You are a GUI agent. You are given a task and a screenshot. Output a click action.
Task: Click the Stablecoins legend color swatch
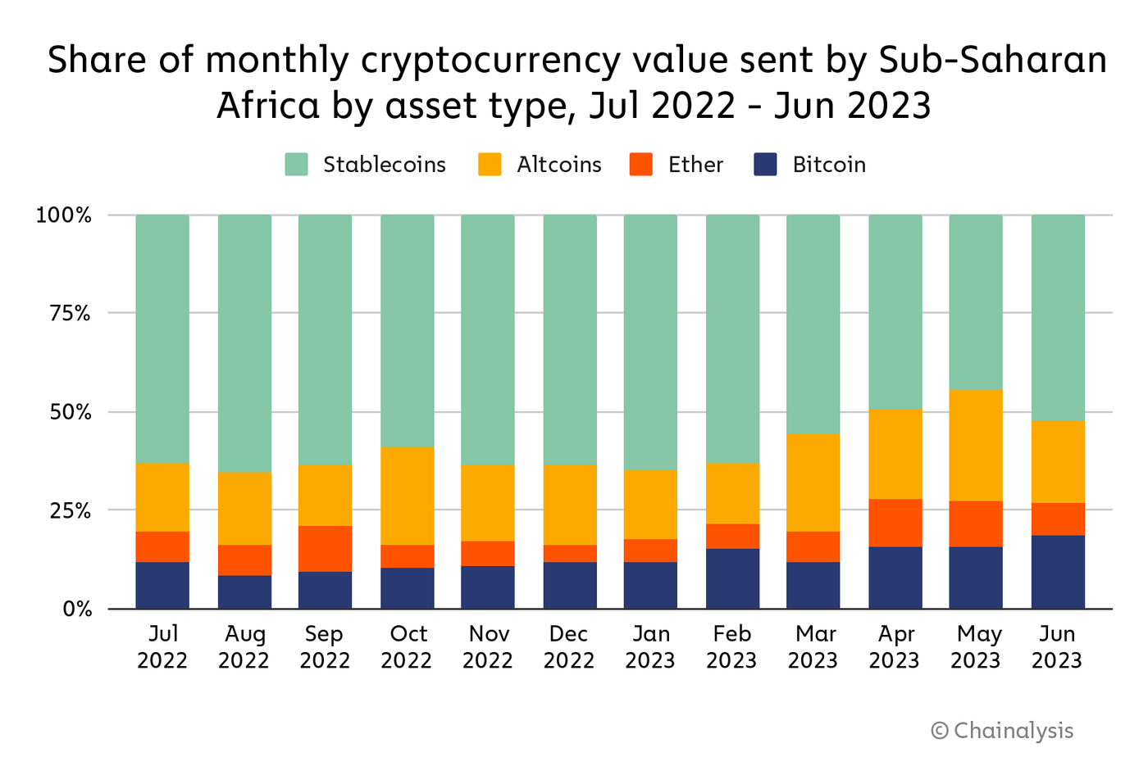pos(296,165)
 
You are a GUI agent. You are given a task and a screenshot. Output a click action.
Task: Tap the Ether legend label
pos(695,165)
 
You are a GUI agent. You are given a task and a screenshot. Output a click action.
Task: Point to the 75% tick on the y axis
pos(70,313)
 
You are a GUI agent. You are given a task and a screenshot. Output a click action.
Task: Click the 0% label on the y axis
pos(76,609)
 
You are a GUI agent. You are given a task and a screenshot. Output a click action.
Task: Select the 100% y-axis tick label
pos(64,215)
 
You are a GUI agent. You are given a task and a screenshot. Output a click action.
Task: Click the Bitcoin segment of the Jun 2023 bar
pos(1058,572)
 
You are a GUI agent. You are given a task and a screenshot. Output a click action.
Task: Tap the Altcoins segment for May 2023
pos(976,445)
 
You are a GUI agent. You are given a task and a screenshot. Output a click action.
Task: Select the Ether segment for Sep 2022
pos(325,548)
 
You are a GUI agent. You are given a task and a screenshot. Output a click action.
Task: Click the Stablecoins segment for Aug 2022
pos(244,343)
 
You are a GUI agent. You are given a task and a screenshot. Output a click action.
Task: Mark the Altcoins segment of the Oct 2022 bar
pos(407,496)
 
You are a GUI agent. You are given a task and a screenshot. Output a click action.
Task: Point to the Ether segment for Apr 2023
pos(895,523)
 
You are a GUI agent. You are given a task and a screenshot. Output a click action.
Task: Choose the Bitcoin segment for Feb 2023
pos(732,578)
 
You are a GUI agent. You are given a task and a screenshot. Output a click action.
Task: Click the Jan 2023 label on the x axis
pos(650,646)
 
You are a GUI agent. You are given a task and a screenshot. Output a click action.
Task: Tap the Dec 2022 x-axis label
pos(569,646)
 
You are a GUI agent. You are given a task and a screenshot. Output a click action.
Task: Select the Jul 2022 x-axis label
pos(162,646)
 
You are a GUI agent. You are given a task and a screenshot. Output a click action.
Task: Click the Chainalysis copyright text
pos(1002,730)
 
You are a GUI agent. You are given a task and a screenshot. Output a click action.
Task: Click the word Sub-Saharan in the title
pos(992,61)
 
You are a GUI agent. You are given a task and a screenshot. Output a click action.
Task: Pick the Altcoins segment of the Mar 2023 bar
pos(813,483)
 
